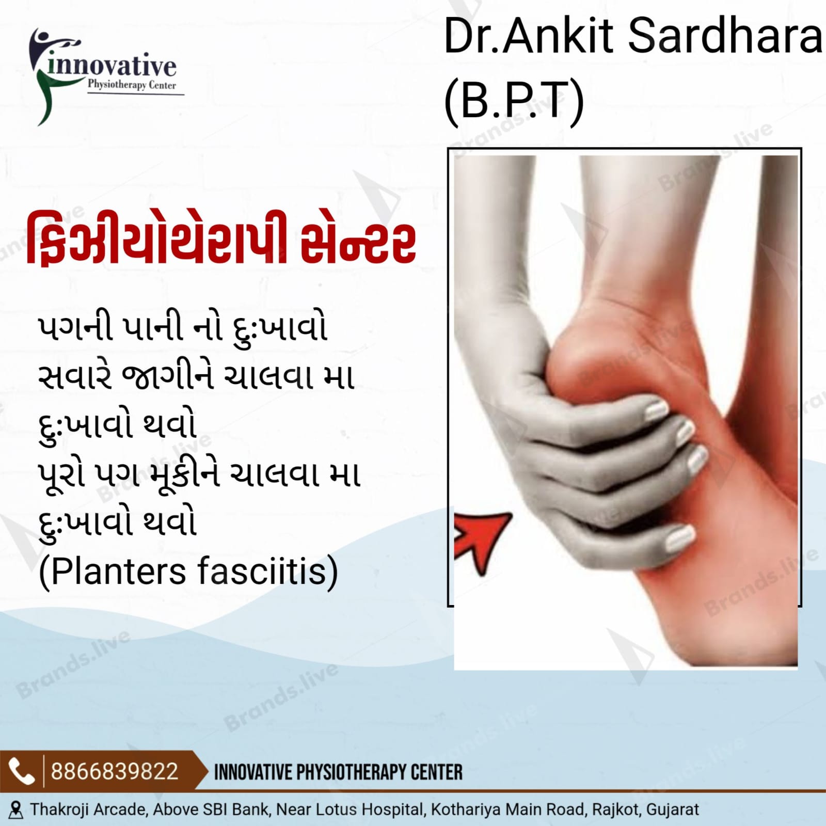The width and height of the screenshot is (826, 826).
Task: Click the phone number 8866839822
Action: click(115, 771)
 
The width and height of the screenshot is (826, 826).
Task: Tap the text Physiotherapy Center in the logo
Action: click(132, 85)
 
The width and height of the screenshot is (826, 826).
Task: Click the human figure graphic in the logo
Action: click(49, 75)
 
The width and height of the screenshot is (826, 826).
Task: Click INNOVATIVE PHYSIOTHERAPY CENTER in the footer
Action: click(338, 772)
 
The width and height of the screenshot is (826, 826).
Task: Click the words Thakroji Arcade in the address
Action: click(88, 809)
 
